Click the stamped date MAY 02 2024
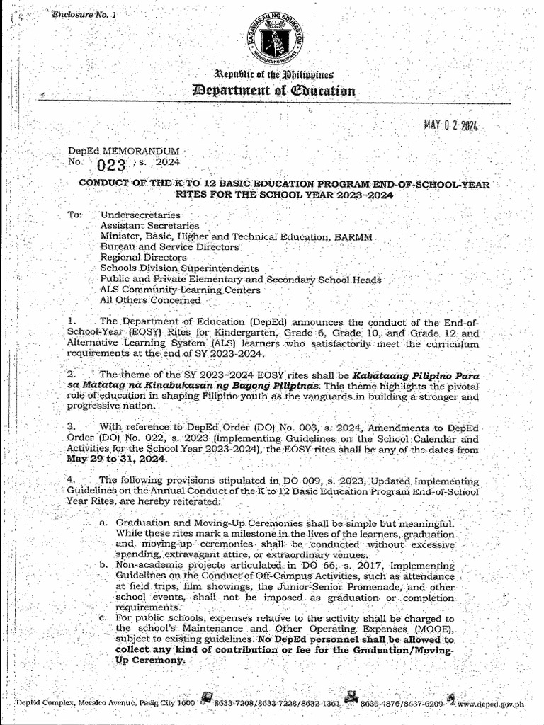[451, 126]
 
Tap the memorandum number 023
[111, 166]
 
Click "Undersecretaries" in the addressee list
[140, 214]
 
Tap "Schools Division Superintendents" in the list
[179, 268]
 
